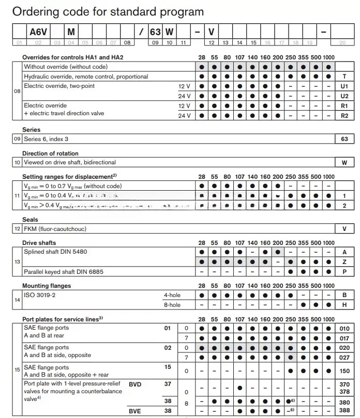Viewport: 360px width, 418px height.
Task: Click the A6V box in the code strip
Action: click(38, 32)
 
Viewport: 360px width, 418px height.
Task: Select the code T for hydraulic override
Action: click(344, 76)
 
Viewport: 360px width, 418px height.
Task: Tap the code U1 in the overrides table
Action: click(344, 86)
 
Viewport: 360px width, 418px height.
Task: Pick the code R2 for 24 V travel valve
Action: click(344, 115)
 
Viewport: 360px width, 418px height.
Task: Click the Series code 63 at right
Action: click(344, 139)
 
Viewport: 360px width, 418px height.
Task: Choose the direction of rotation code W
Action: click(344, 162)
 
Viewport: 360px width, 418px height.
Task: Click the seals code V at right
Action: click(344, 229)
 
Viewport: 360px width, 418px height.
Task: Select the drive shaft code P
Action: click(344, 271)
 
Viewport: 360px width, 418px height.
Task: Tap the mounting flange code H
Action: click(344, 305)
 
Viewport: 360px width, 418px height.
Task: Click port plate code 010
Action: click(343, 329)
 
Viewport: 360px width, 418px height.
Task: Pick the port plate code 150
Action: click(343, 371)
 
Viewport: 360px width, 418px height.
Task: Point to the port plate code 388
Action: click(343, 411)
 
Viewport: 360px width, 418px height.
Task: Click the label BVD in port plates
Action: click(136, 384)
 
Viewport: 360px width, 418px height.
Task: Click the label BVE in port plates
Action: click(136, 411)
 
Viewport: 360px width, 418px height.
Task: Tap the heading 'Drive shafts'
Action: click(39, 243)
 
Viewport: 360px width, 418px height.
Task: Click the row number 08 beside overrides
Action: click(17, 91)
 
